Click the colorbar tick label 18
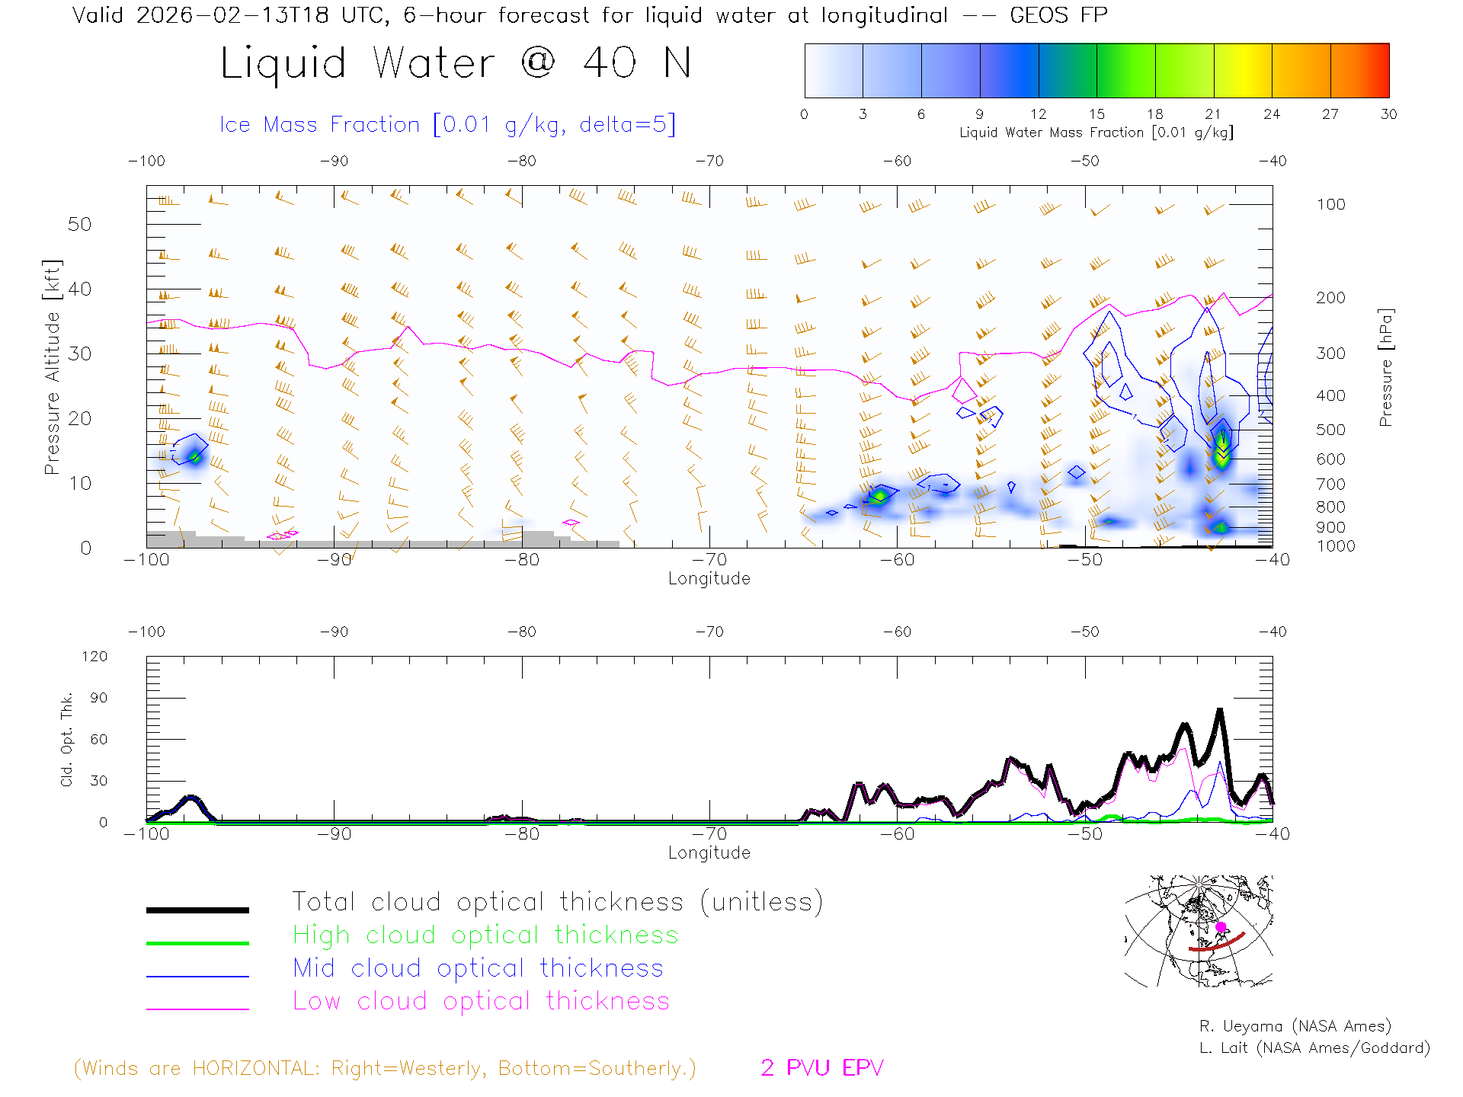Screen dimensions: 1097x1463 coord(1154,114)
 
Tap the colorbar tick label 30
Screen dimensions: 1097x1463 coord(1388,114)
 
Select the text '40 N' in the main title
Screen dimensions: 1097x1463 coord(637,63)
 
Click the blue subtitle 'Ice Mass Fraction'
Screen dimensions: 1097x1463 coord(319,125)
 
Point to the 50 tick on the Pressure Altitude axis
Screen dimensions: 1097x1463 coord(79,225)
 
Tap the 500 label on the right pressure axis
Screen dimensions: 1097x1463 coord(1330,430)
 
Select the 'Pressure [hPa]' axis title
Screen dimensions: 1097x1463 coord(1385,367)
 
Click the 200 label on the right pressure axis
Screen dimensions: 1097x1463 coord(1330,298)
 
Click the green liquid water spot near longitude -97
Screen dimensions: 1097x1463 coord(195,457)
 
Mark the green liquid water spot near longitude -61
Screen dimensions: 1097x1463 coord(879,497)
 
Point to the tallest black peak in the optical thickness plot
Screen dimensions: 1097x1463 coord(1220,712)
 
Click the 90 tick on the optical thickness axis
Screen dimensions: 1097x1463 coord(99,698)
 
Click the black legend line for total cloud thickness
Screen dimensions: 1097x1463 coord(197,910)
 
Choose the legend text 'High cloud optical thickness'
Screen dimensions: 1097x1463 coord(485,935)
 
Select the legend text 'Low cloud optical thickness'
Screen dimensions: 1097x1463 coord(481,1001)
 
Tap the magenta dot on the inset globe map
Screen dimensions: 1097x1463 coord(1221,927)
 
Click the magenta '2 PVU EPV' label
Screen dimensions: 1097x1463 coord(821,1068)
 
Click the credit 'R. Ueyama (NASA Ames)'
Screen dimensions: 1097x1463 coord(1295,1026)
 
